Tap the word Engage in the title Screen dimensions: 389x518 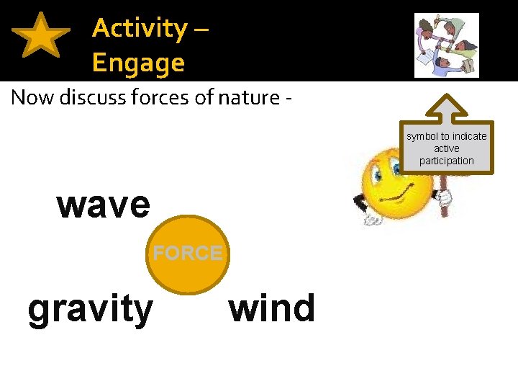pyautogui.click(x=138, y=63)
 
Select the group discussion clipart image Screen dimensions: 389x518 pyautogui.click(x=446, y=45)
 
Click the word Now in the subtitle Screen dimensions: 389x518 pyautogui.click(x=33, y=97)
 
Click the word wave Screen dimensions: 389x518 pyautogui.click(x=104, y=205)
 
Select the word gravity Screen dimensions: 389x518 pyautogui.click(x=90, y=309)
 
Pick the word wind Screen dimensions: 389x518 pyautogui.click(x=272, y=308)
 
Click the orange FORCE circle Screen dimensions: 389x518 pyautogui.click(x=188, y=254)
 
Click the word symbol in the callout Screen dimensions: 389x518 pyautogui.click(x=422, y=136)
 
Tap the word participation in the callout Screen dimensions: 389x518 pyautogui.click(x=447, y=161)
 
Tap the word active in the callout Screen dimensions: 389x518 pyautogui.click(x=447, y=148)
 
